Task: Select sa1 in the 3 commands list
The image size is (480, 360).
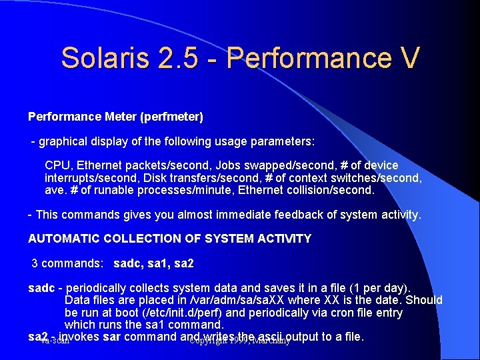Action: (156, 263)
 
